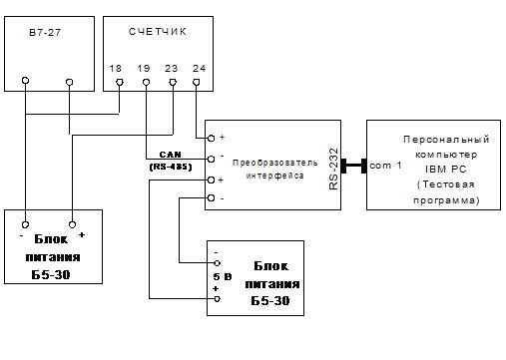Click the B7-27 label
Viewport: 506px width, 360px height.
coord(45,32)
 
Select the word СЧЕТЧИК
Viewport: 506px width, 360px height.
coord(158,32)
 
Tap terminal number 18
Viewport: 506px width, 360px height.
coord(116,69)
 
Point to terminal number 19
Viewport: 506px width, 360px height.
coord(144,69)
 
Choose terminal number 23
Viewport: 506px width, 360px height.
coord(172,69)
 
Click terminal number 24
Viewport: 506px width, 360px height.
coord(199,69)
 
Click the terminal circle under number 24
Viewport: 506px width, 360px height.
coord(197,82)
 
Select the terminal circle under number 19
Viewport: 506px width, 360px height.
coord(146,82)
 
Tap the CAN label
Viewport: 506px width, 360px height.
coord(170,155)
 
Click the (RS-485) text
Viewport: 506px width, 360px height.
coord(171,167)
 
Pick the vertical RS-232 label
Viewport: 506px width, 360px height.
coord(333,169)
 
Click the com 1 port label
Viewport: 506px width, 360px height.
coord(385,166)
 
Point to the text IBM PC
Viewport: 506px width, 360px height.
coord(446,170)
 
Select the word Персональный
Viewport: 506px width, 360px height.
coord(446,140)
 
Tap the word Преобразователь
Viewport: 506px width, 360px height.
coord(274,163)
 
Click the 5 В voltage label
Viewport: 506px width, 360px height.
coord(223,276)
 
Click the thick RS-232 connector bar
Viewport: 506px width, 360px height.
coord(353,166)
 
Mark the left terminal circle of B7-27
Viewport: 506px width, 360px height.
coord(25,81)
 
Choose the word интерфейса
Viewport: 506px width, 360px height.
coord(274,176)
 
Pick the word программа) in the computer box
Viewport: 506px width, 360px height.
coord(446,200)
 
